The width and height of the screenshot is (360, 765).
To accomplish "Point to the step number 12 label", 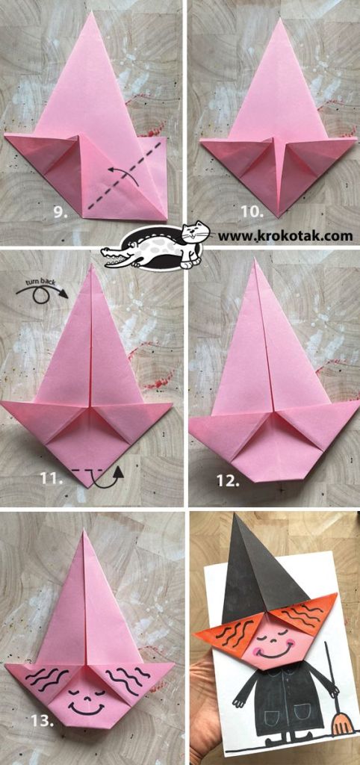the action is click(x=229, y=481).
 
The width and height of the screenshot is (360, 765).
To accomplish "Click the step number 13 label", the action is click(x=42, y=721).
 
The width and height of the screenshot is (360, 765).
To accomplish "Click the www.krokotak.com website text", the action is click(x=285, y=236).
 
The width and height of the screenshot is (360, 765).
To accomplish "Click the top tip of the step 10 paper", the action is click(x=279, y=19).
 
